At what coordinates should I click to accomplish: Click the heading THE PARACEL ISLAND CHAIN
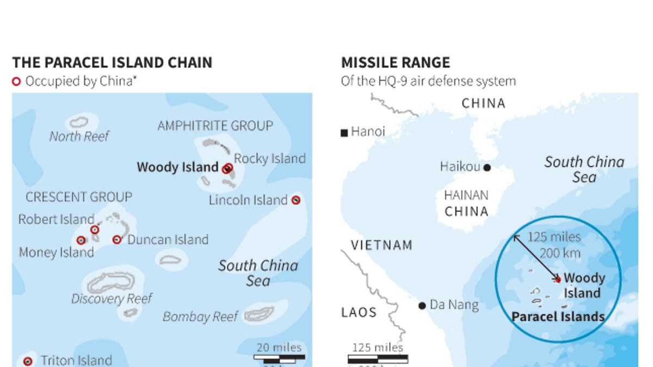tap(112, 63)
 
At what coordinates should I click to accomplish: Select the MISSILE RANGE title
tap(396, 63)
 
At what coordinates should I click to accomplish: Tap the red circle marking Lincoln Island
tap(296, 200)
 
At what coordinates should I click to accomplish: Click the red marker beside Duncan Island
tap(117, 239)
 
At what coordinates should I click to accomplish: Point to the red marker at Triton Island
tap(28, 360)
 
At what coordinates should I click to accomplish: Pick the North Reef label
tap(79, 136)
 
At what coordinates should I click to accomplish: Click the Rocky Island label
tap(270, 159)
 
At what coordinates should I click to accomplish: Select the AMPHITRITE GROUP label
tap(215, 126)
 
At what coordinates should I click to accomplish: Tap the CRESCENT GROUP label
tap(79, 197)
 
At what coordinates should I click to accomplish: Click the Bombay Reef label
tap(200, 316)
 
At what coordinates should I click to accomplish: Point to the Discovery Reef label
tap(112, 298)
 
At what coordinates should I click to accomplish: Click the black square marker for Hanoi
tap(344, 133)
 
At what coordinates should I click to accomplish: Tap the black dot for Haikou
tap(487, 167)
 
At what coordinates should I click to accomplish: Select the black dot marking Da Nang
tap(422, 306)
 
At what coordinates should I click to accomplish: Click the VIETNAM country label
tap(381, 245)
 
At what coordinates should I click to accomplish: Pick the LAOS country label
tap(359, 312)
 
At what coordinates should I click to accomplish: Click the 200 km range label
tap(560, 253)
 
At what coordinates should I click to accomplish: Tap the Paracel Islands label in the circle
tap(558, 316)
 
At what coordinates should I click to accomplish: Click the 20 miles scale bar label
tap(279, 347)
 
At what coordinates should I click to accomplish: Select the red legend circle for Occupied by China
tap(16, 82)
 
